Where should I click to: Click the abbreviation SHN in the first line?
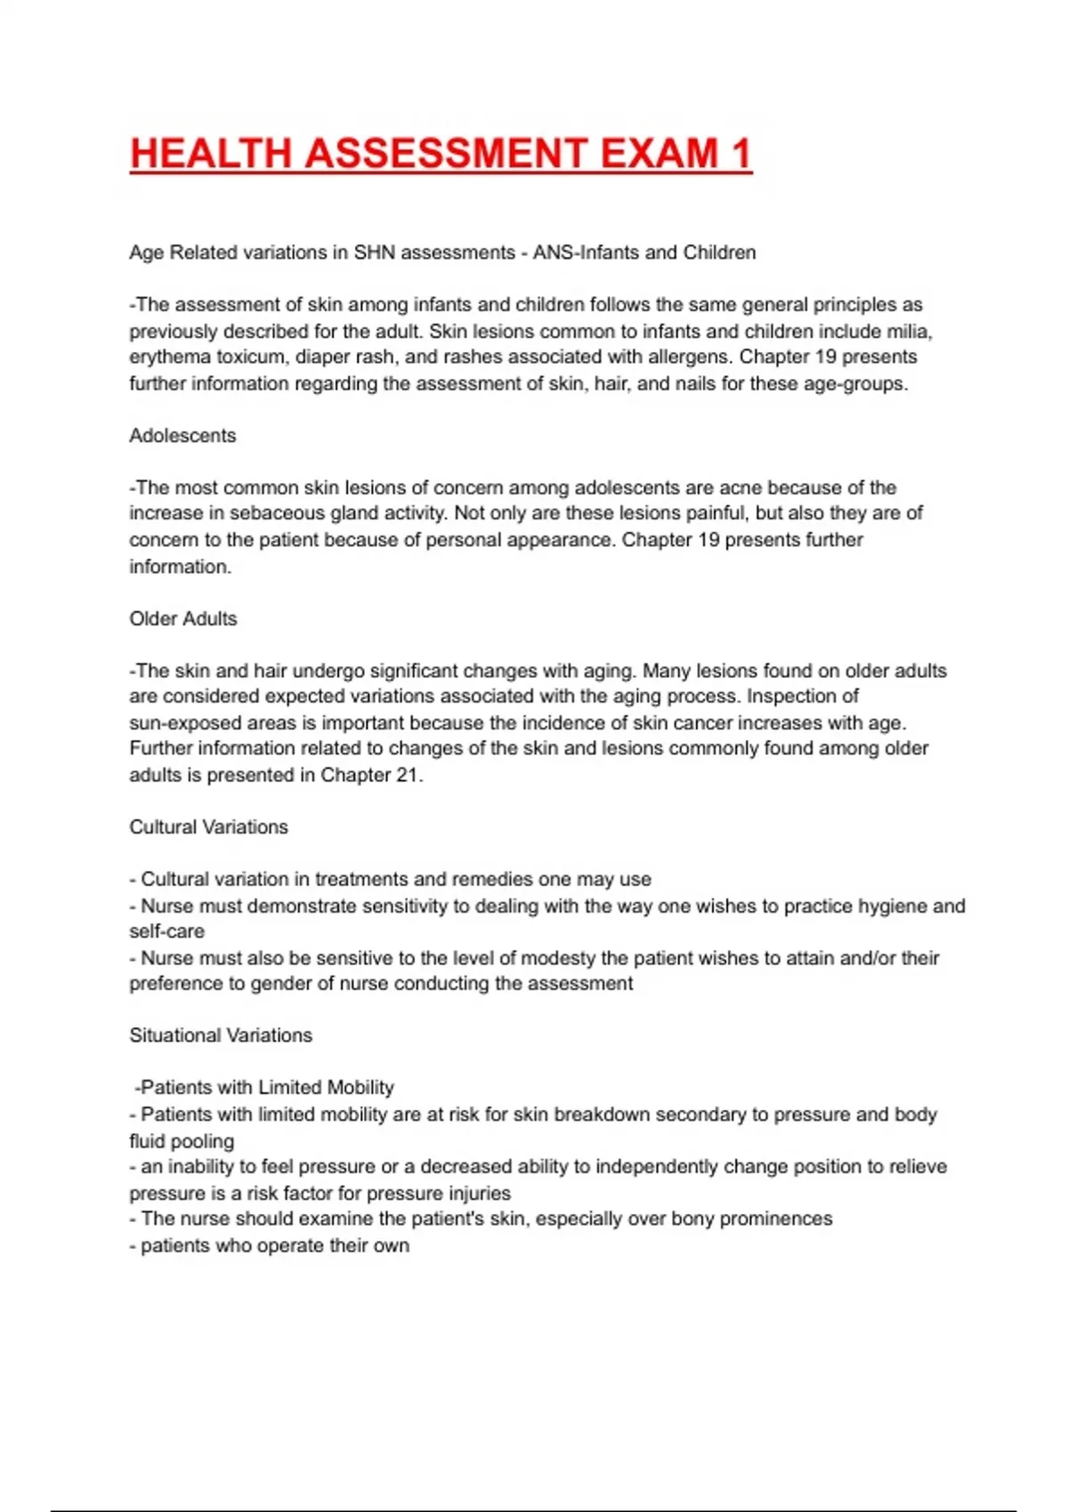(x=374, y=253)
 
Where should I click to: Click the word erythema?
(x=169, y=358)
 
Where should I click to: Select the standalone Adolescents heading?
(x=182, y=436)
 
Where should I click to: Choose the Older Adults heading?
(x=183, y=619)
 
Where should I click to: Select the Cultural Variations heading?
(x=208, y=827)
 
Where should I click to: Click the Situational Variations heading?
(x=221, y=1035)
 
